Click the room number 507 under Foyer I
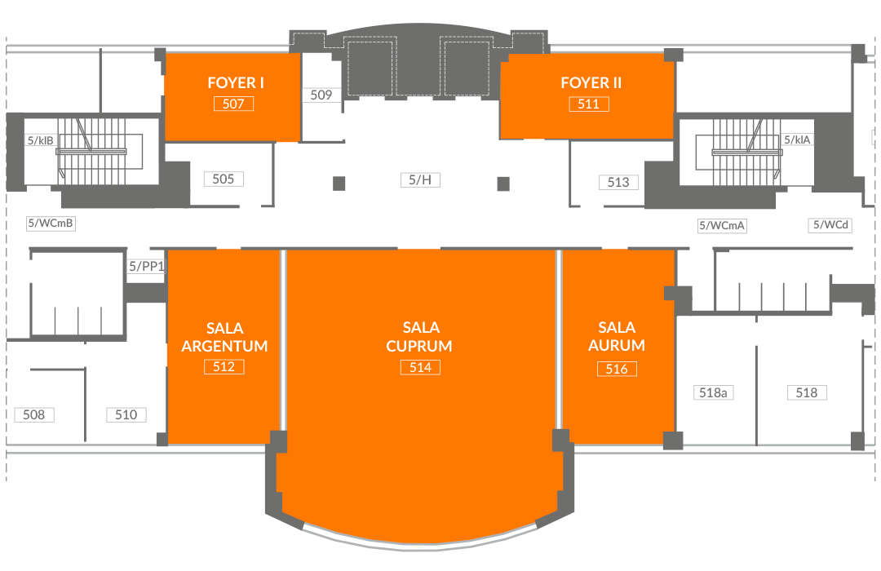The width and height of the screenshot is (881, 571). pos(234,104)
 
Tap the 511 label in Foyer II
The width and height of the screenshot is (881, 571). pos(589,104)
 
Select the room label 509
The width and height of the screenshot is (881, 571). pos(321,95)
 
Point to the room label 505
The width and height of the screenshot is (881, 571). pos(223,179)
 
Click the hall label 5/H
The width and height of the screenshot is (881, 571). pos(420,179)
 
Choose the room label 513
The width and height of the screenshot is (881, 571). pos(618,182)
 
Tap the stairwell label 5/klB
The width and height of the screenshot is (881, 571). pos(41,140)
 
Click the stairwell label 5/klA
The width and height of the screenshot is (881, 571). pos(797,139)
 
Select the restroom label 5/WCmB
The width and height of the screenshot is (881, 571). pos(51,224)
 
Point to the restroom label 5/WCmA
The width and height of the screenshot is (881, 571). pos(722,226)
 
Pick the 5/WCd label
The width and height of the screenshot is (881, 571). pos(831,225)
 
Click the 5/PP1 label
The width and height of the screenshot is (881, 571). pos(146,267)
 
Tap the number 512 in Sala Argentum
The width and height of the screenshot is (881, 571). pos(224,367)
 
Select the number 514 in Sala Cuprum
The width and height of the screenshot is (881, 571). pos(420,368)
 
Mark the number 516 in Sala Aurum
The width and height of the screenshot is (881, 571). pos(617,370)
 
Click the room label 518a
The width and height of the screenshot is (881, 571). pos(713,393)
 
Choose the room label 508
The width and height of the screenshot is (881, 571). pos(33,414)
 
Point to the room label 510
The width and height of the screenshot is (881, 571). pos(126,414)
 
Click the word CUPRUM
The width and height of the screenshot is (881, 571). pos(419,346)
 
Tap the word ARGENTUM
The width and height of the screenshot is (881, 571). pos(224,346)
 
